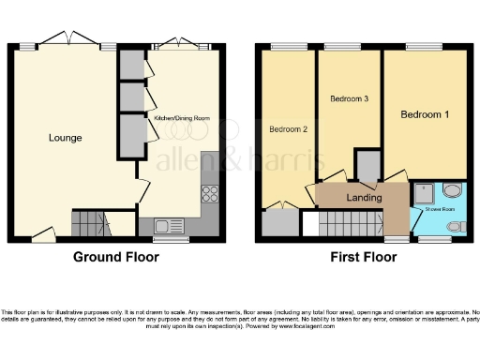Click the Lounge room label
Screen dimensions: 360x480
(66, 138)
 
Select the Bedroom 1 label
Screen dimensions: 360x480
(425, 114)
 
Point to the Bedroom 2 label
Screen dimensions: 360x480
(289, 128)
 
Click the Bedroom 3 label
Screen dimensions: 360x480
(348, 98)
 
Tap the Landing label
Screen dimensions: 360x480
(364, 198)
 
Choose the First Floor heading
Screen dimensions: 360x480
(361, 256)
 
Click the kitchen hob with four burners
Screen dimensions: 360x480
(210, 195)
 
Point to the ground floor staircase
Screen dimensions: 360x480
(91, 223)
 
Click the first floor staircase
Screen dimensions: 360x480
(349, 225)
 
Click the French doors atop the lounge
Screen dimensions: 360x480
(70, 43)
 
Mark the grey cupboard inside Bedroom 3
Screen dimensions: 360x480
(368, 166)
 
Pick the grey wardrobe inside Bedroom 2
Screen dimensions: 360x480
(278, 222)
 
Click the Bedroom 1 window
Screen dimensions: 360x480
(425, 46)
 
